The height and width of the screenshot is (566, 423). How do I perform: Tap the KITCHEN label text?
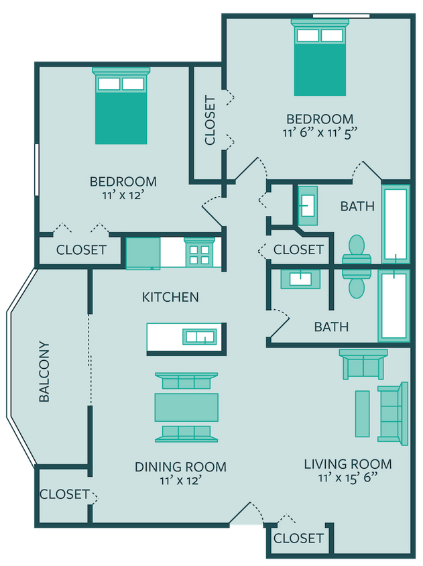pos(170,296)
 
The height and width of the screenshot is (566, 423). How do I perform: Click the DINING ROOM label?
pos(180,467)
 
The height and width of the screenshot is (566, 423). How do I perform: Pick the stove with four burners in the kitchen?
pos(200,253)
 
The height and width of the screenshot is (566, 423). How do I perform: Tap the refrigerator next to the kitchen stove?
pos(143,253)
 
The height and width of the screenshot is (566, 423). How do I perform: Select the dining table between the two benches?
pos(186,408)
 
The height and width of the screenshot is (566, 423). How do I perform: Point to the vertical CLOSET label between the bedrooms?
pos(210,121)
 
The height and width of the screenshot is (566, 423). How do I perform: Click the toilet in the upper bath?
pos(355,250)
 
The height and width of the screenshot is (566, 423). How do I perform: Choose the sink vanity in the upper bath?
pos(309,205)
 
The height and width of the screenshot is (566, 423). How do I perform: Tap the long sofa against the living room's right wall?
pos(393,414)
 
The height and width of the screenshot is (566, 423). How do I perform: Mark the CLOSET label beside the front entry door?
pos(298,538)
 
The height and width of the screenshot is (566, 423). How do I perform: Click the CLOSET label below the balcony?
pos(64,494)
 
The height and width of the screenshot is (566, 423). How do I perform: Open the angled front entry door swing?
pos(245,512)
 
